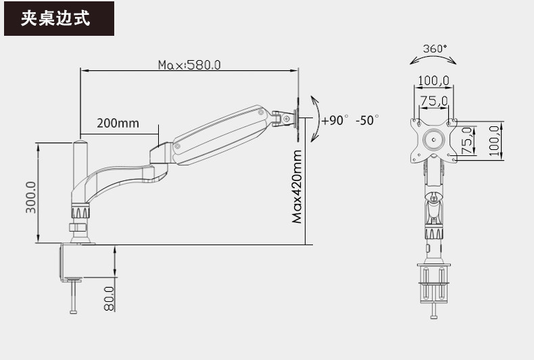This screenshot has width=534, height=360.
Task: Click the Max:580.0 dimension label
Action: click(189, 65)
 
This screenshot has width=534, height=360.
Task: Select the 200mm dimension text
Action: click(118, 123)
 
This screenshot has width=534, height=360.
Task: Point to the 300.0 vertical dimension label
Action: click(31, 197)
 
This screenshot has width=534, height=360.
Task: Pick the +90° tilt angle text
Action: click(335, 120)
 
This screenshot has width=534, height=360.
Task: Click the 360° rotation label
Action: click(435, 49)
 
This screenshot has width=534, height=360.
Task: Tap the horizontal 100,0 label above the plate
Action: click(433, 80)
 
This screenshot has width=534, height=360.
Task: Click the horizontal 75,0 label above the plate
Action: click(433, 101)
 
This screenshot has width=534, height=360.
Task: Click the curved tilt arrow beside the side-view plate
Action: click(315, 119)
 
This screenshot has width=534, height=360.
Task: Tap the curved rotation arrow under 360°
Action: click(433, 59)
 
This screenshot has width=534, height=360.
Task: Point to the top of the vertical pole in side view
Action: click(80, 143)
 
